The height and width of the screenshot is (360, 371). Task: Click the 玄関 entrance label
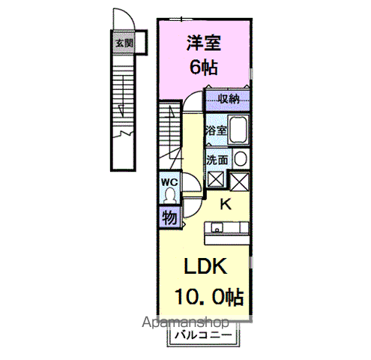[124, 43]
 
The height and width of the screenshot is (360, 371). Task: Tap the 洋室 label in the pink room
[204, 43]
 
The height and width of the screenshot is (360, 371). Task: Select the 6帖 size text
[204, 67]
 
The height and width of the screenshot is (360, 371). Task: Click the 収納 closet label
[229, 99]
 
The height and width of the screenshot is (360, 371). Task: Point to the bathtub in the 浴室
[238, 130]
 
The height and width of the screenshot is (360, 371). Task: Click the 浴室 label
[216, 130]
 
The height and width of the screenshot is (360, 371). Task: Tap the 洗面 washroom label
[217, 160]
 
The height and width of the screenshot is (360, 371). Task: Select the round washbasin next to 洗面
[241, 159]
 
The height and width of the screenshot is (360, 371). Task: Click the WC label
[169, 182]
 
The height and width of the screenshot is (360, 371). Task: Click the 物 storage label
[169, 217]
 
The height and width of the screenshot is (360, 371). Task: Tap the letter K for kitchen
[226, 204]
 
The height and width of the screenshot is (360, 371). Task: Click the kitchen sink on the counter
[217, 227]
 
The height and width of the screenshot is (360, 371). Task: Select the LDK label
[205, 266]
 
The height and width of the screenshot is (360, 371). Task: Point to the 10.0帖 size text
[209, 297]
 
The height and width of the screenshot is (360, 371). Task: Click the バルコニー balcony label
[203, 335]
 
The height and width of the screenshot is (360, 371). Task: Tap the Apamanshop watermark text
[185, 322]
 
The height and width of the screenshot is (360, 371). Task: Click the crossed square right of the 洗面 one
[239, 181]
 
